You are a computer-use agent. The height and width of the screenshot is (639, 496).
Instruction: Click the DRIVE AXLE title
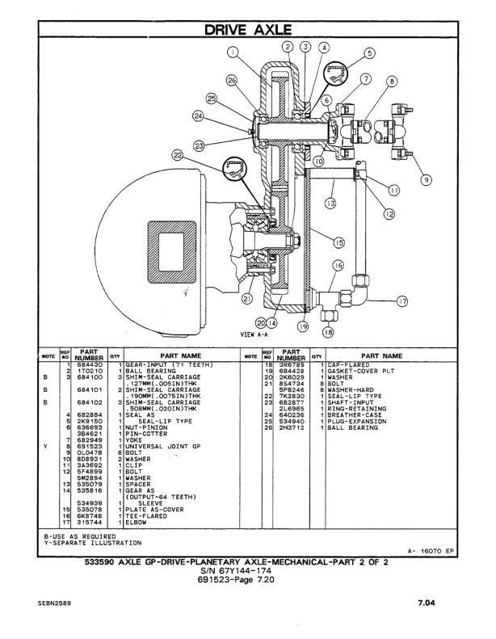click(248, 30)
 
